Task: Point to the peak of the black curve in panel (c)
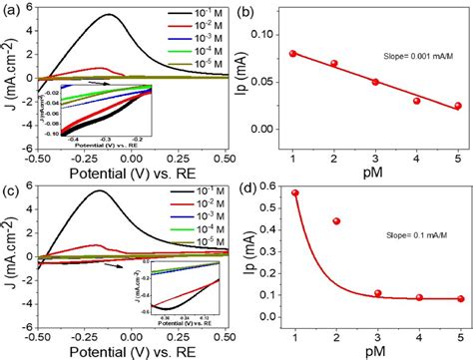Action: pos(100,191)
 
